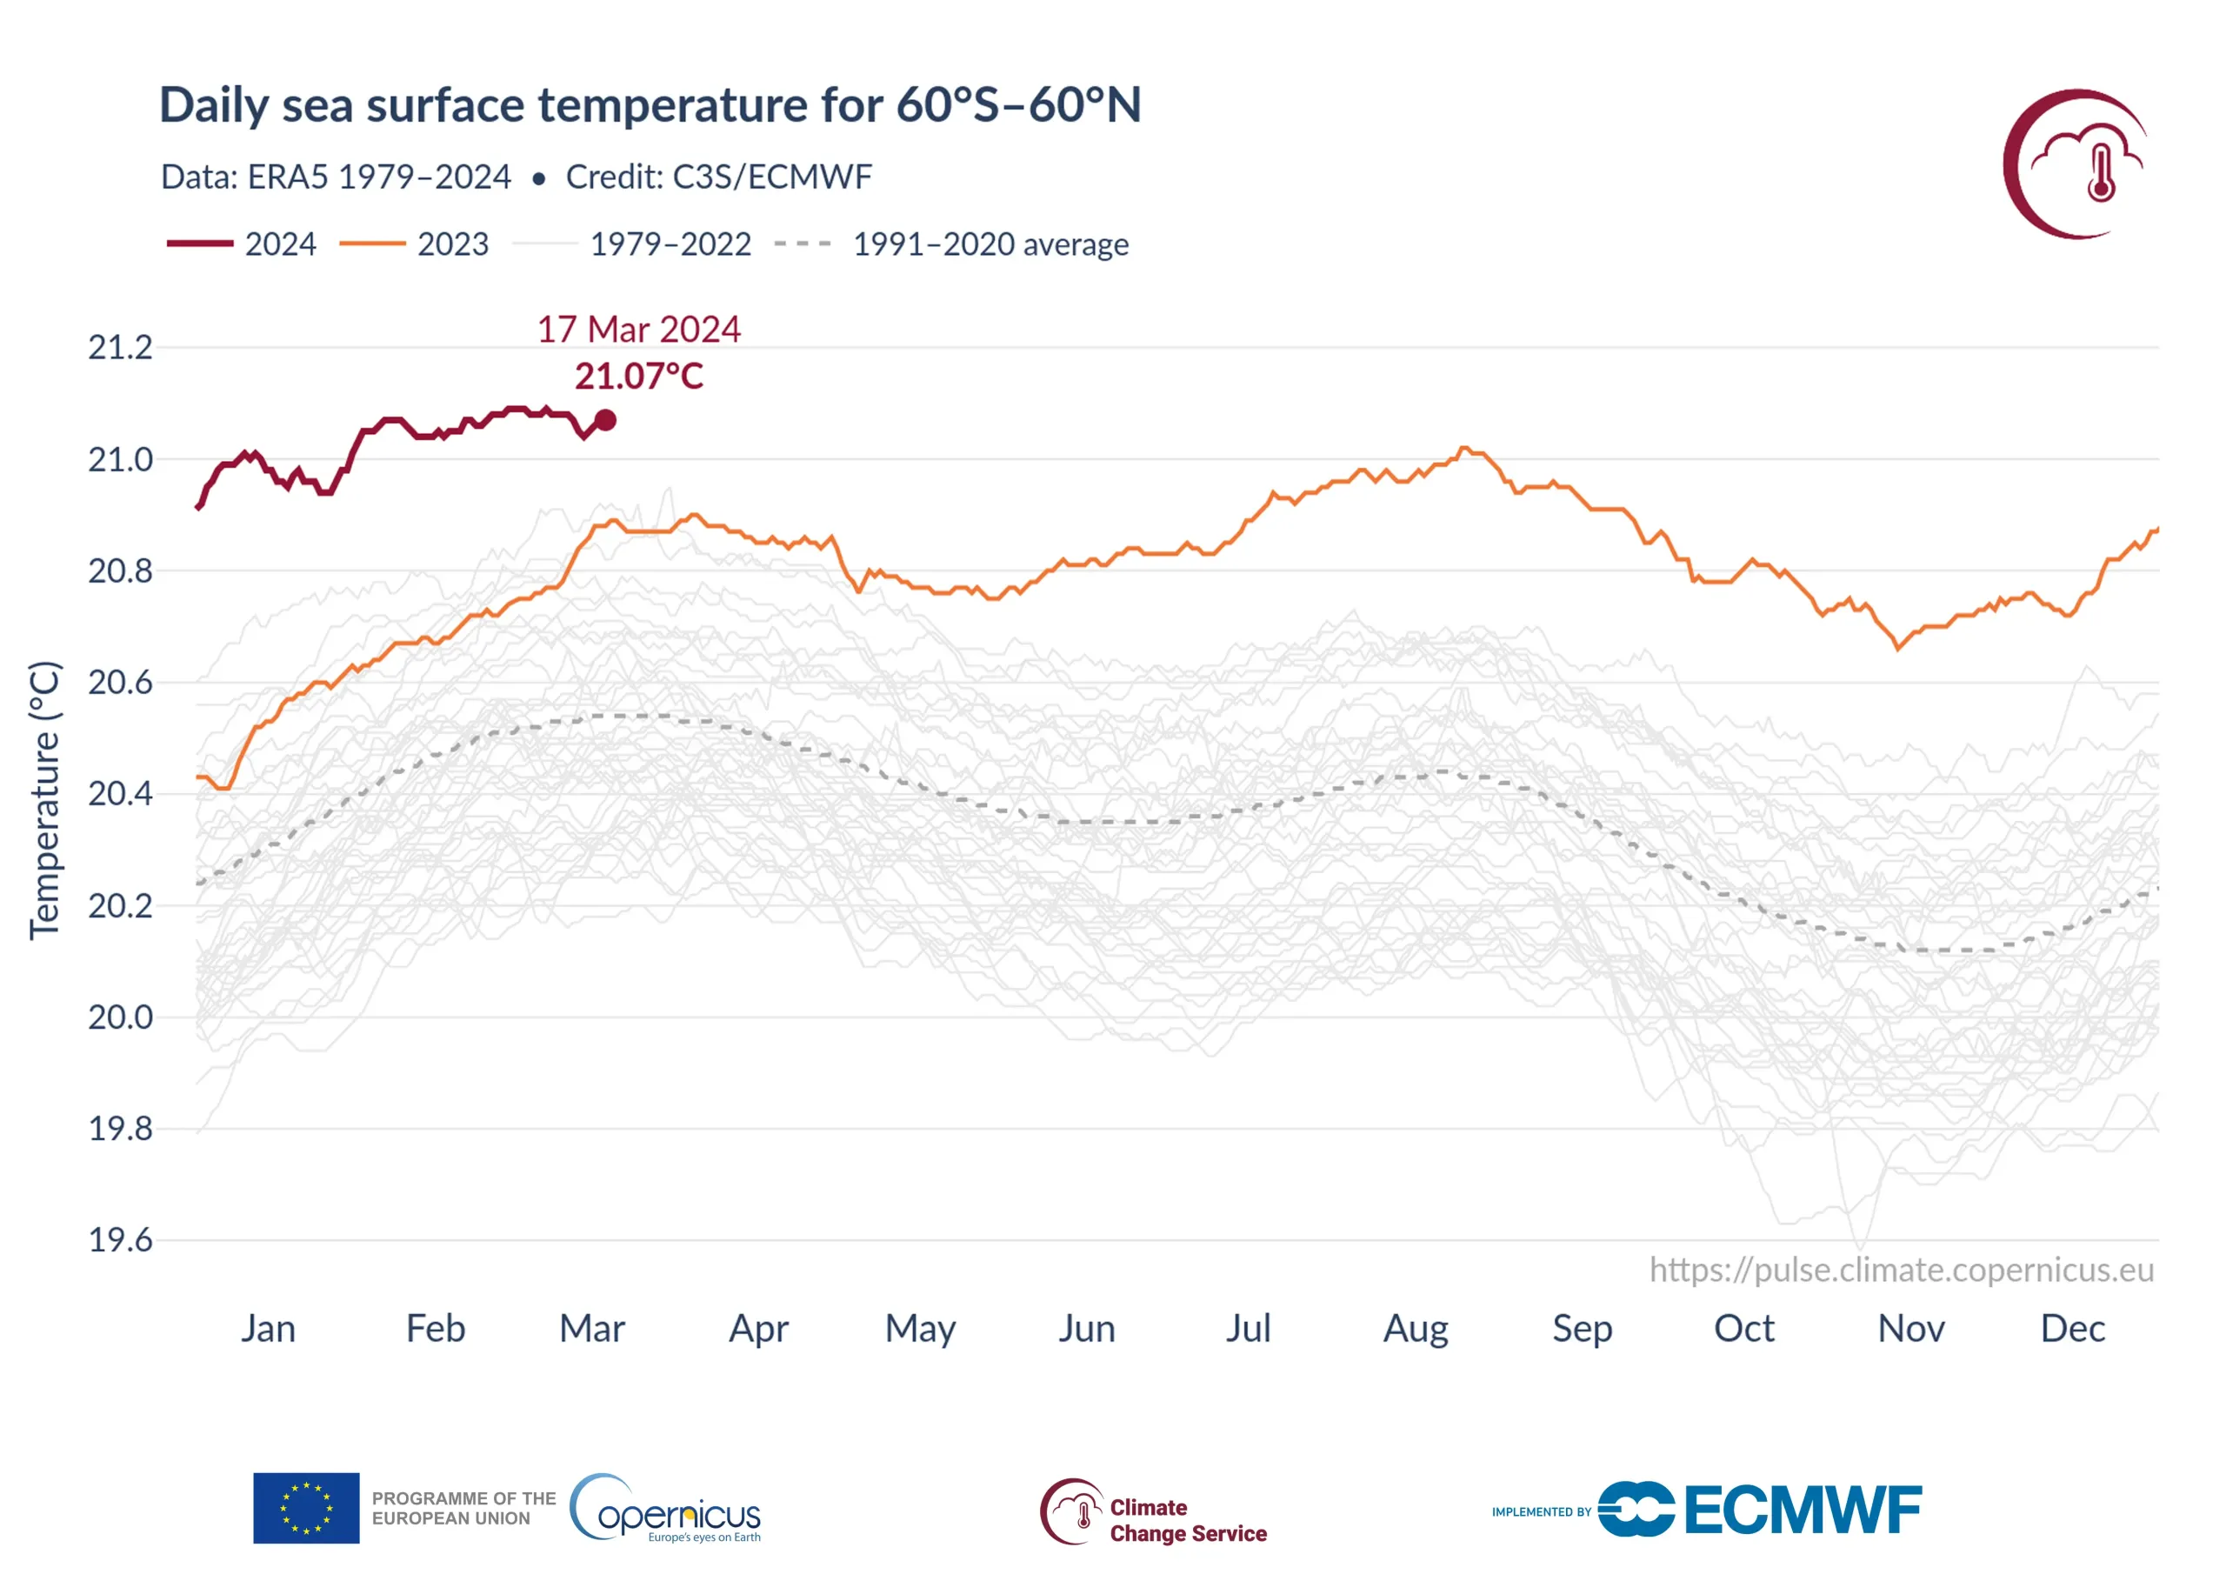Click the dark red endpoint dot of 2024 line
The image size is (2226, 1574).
605,420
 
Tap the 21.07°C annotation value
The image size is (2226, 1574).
639,377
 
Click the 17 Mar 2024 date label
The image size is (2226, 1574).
639,330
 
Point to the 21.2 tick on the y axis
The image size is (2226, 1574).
120,347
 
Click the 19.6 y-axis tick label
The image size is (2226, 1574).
120,1240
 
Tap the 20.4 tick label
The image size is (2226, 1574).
120,794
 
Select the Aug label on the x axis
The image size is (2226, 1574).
1416,1329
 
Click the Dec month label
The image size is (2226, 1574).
2072,1329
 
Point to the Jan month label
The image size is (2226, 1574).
269,1329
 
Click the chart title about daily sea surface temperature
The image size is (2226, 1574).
650,104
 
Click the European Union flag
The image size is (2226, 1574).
306,1508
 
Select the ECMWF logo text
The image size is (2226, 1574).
1803,1510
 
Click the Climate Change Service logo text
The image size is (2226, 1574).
1188,1520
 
